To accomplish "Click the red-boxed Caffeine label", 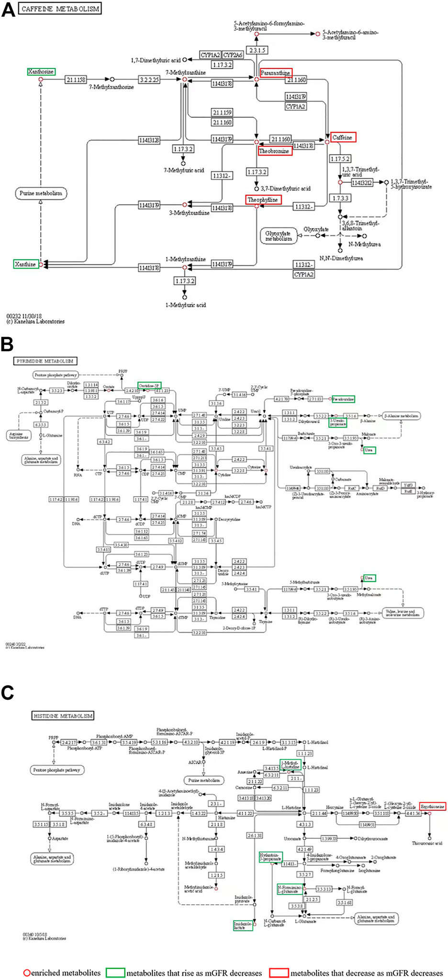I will [343, 137].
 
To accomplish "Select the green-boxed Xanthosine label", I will [41, 72].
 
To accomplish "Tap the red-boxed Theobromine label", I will [275, 151].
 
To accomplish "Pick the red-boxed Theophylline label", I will [263, 200].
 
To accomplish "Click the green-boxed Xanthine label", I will [26, 264].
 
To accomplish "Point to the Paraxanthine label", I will [275, 73].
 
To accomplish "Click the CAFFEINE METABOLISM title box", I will [60, 9].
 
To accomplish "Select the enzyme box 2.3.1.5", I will [257, 50].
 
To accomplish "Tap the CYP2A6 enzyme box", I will [233, 55].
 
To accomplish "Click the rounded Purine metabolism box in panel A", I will [41, 194].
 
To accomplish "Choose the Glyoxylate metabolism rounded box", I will [278, 236].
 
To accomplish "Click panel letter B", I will [7, 344].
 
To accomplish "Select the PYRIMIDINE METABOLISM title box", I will [45, 361].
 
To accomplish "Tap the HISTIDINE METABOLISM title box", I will [63, 716].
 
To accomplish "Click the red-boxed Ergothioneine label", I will [432, 807].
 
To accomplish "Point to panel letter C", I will [7, 693].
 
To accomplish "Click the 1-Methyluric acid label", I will [185, 305].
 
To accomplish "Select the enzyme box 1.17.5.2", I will [340, 159].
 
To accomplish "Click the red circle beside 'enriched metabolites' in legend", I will [27, 973].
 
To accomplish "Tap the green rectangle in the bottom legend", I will [115, 973].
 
